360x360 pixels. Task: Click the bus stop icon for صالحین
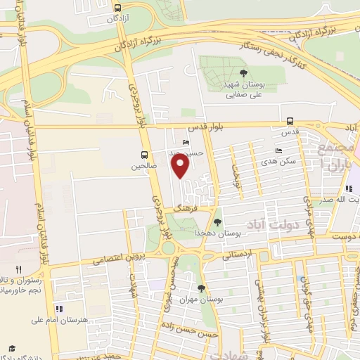[144, 155]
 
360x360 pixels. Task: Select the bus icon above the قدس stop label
[290, 120]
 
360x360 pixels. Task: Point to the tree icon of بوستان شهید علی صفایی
[243, 72]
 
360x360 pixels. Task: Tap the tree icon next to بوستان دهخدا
[217, 222]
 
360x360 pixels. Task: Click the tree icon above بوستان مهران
[202, 288]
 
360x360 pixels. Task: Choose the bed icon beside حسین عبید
[186, 143]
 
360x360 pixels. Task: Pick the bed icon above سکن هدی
[279, 150]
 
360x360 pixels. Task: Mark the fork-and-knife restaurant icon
[19, 269]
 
